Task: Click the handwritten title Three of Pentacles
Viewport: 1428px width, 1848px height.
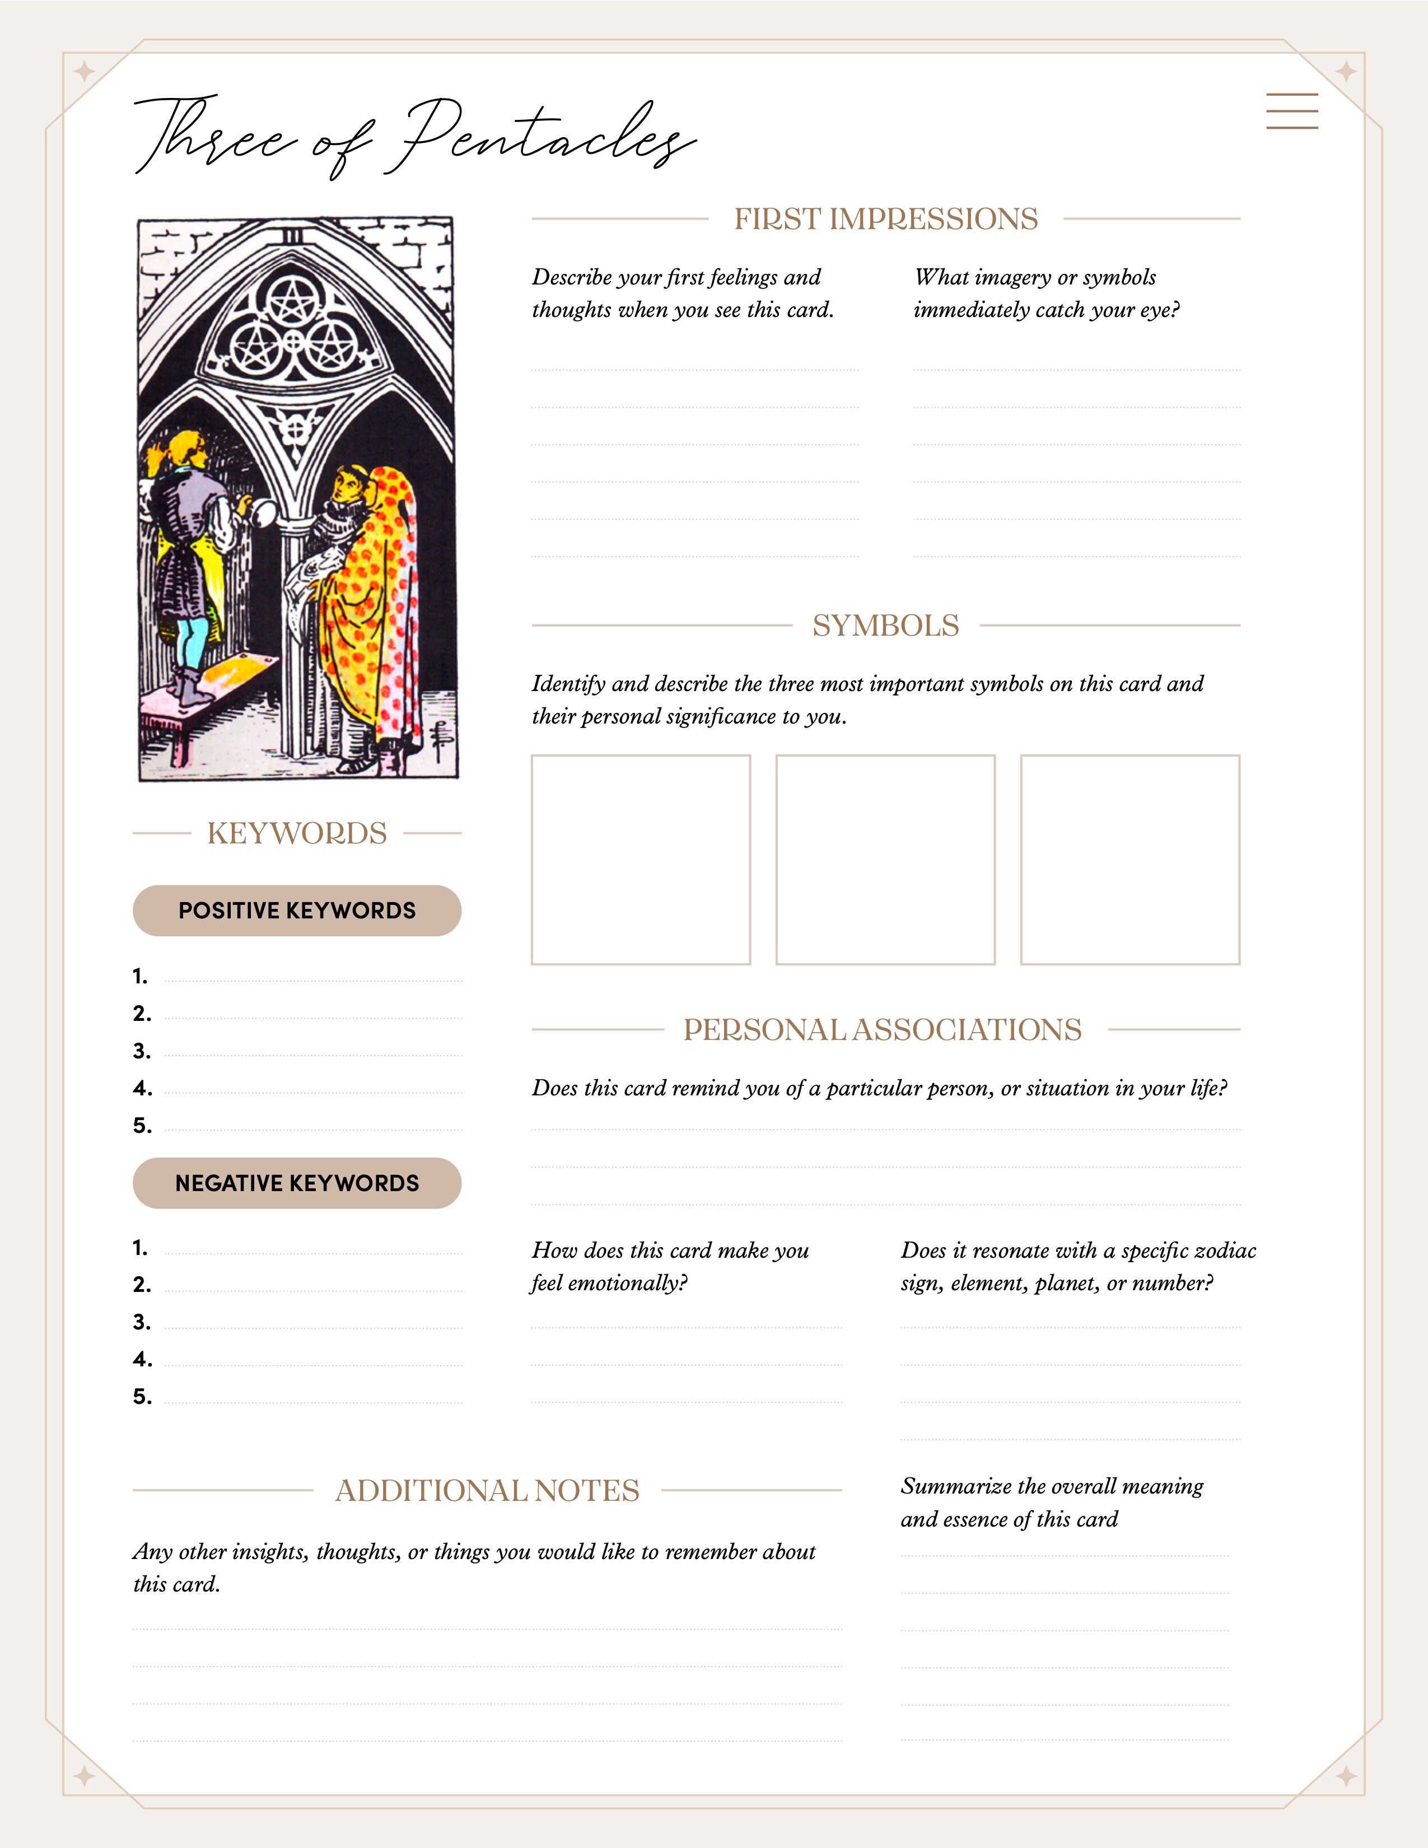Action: [x=414, y=136]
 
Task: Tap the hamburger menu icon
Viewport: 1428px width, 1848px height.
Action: [x=1292, y=111]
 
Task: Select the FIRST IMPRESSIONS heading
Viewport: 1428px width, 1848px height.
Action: [x=885, y=219]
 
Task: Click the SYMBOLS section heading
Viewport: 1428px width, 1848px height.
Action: [x=885, y=626]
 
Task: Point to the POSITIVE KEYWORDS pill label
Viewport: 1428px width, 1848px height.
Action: [x=297, y=911]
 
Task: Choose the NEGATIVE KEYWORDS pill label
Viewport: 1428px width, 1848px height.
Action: [x=297, y=1183]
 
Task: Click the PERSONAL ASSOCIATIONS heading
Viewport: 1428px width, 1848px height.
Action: [x=883, y=1030]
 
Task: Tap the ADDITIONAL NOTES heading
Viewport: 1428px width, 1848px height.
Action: [x=487, y=1491]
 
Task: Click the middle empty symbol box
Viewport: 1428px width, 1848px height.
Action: [x=885, y=860]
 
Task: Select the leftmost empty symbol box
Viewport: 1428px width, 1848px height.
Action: [x=641, y=860]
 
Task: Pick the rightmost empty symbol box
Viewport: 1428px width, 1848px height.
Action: [x=1130, y=860]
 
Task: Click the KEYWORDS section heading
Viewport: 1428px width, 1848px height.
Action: [x=297, y=833]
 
